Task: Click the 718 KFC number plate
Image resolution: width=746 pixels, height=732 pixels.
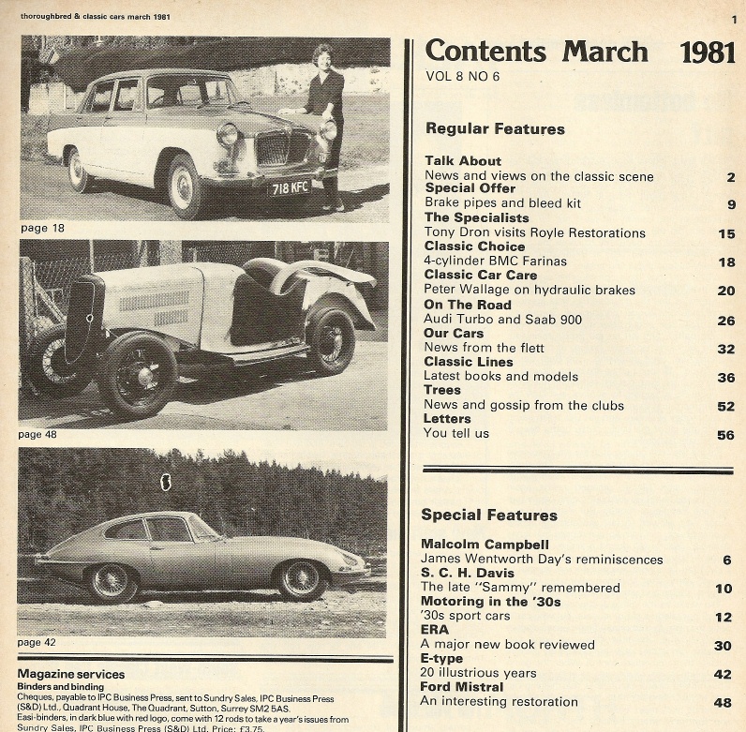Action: coord(290,187)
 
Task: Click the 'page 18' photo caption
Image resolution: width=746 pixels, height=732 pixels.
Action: coord(42,228)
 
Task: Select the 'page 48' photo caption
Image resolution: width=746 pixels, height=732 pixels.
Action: coord(42,435)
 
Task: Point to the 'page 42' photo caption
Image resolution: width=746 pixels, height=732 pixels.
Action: coord(42,642)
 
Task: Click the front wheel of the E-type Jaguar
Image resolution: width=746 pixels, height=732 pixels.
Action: coord(302,580)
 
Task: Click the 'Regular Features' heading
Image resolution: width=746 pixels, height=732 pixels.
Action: coord(495,128)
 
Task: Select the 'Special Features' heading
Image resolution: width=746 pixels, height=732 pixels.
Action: coord(489,515)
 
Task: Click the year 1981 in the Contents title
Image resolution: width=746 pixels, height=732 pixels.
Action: coord(708,52)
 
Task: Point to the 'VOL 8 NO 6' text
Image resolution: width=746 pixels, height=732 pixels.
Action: coord(463,77)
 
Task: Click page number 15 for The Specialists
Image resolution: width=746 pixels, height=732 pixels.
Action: coord(726,233)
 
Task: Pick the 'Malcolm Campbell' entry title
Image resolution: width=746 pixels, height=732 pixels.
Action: coord(485,545)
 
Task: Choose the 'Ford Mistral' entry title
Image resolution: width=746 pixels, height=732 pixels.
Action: coord(461,687)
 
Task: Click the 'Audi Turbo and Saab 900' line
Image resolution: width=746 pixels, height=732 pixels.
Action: coord(502,320)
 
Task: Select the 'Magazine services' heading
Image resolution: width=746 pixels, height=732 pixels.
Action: coord(71,674)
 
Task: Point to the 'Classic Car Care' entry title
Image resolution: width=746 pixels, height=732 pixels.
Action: coord(481,276)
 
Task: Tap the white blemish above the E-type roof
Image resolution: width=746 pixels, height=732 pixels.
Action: coord(168,484)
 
